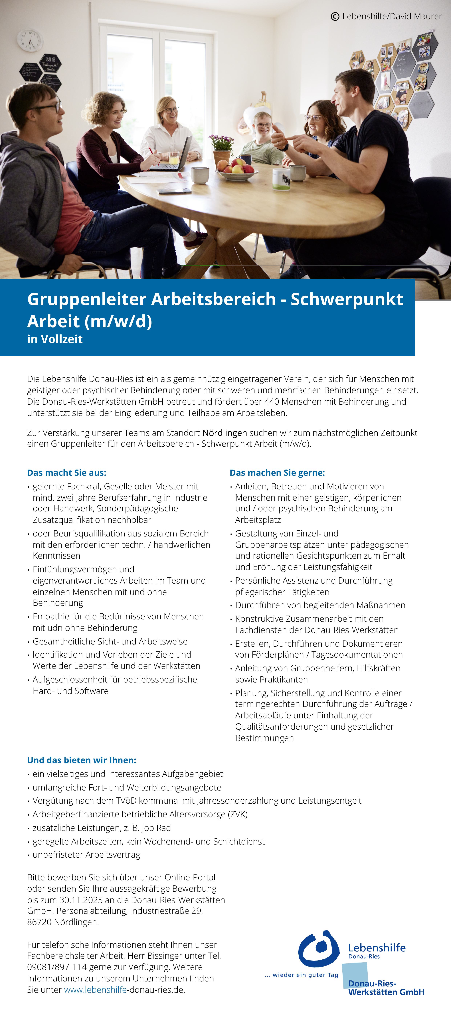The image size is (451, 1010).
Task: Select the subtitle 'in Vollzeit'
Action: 55,339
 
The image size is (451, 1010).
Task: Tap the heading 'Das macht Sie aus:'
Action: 66,473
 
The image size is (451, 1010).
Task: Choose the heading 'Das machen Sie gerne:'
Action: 277,473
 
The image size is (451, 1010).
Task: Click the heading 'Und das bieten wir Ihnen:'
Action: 81,760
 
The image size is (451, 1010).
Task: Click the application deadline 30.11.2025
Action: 83,900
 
